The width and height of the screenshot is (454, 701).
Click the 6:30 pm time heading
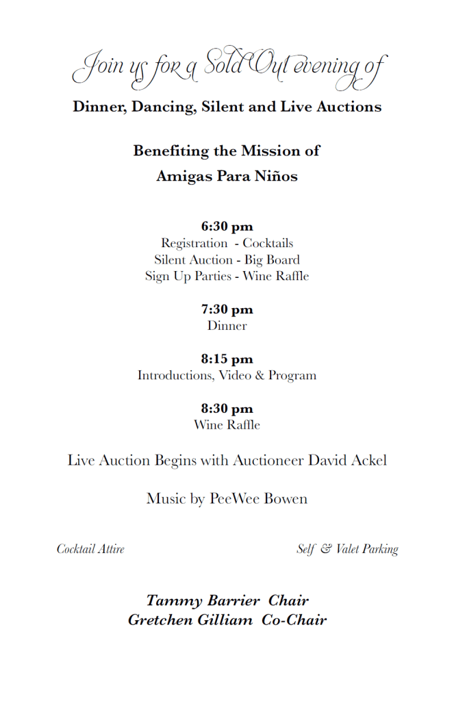point(227,227)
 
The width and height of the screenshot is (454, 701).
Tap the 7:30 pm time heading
point(227,309)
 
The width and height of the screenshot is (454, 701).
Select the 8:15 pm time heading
point(227,359)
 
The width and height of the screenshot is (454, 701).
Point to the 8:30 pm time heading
point(227,409)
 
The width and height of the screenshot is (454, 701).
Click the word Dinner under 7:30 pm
point(227,326)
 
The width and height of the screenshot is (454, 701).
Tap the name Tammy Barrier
point(203,601)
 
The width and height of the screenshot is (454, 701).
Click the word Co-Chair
point(294,620)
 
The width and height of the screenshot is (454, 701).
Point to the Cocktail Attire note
point(90,549)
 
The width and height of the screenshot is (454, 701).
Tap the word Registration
point(194,243)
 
